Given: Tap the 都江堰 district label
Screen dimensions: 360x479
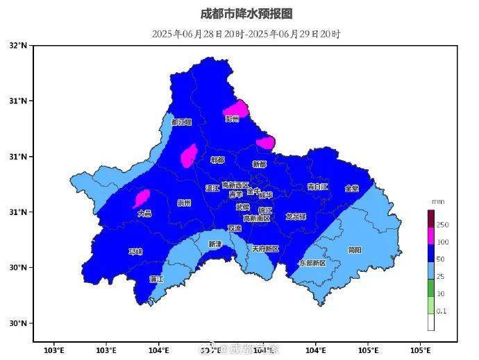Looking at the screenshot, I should click(x=181, y=122).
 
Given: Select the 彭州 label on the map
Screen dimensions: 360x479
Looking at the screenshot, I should click(x=232, y=119).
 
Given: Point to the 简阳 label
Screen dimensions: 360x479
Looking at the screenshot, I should click(x=354, y=250).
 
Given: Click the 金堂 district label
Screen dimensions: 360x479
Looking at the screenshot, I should click(x=352, y=188).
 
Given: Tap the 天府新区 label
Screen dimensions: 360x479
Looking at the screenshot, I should click(x=264, y=248).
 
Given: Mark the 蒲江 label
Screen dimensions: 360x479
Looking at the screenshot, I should click(x=157, y=279).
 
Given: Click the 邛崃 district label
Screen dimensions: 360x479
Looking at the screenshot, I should click(x=135, y=251).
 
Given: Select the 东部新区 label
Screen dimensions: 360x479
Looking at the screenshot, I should click(x=312, y=264).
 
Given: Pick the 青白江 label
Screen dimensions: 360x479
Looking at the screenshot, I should click(x=317, y=187).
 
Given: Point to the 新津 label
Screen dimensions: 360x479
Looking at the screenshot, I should click(x=215, y=244).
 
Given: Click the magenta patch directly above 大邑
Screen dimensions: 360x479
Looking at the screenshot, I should click(x=142, y=198).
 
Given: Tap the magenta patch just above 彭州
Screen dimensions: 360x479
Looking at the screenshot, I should click(x=236, y=108).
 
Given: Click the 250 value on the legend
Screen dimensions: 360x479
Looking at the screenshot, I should click(x=442, y=225).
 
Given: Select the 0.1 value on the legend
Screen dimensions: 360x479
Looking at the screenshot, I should click(x=442, y=311).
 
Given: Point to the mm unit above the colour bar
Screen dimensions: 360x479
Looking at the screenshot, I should click(x=437, y=201).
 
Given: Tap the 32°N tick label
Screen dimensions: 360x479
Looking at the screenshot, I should click(x=19, y=46).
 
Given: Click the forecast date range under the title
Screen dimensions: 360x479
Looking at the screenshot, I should click(x=246, y=33).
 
